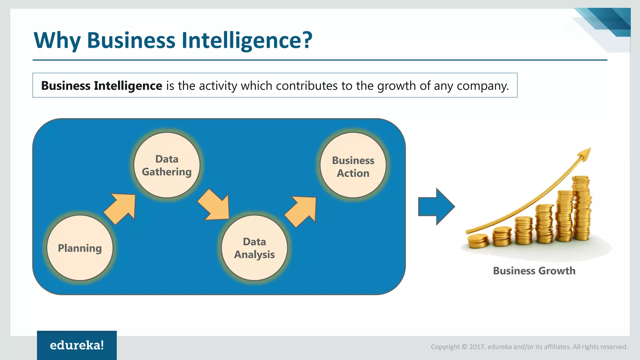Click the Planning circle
pos(80,248)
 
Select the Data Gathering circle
pos(167,165)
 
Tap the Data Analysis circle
pos(254,248)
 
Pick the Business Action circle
pos(353,165)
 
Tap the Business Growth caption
pos(534,271)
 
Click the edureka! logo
pos(77,345)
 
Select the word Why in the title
pos(57,41)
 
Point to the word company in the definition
pos(482,86)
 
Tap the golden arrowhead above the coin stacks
pos(585,153)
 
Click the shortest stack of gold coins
pos(478,241)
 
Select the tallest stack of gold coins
pos(582,208)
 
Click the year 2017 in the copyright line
pos(477,347)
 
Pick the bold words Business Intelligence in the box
pos(102,86)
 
